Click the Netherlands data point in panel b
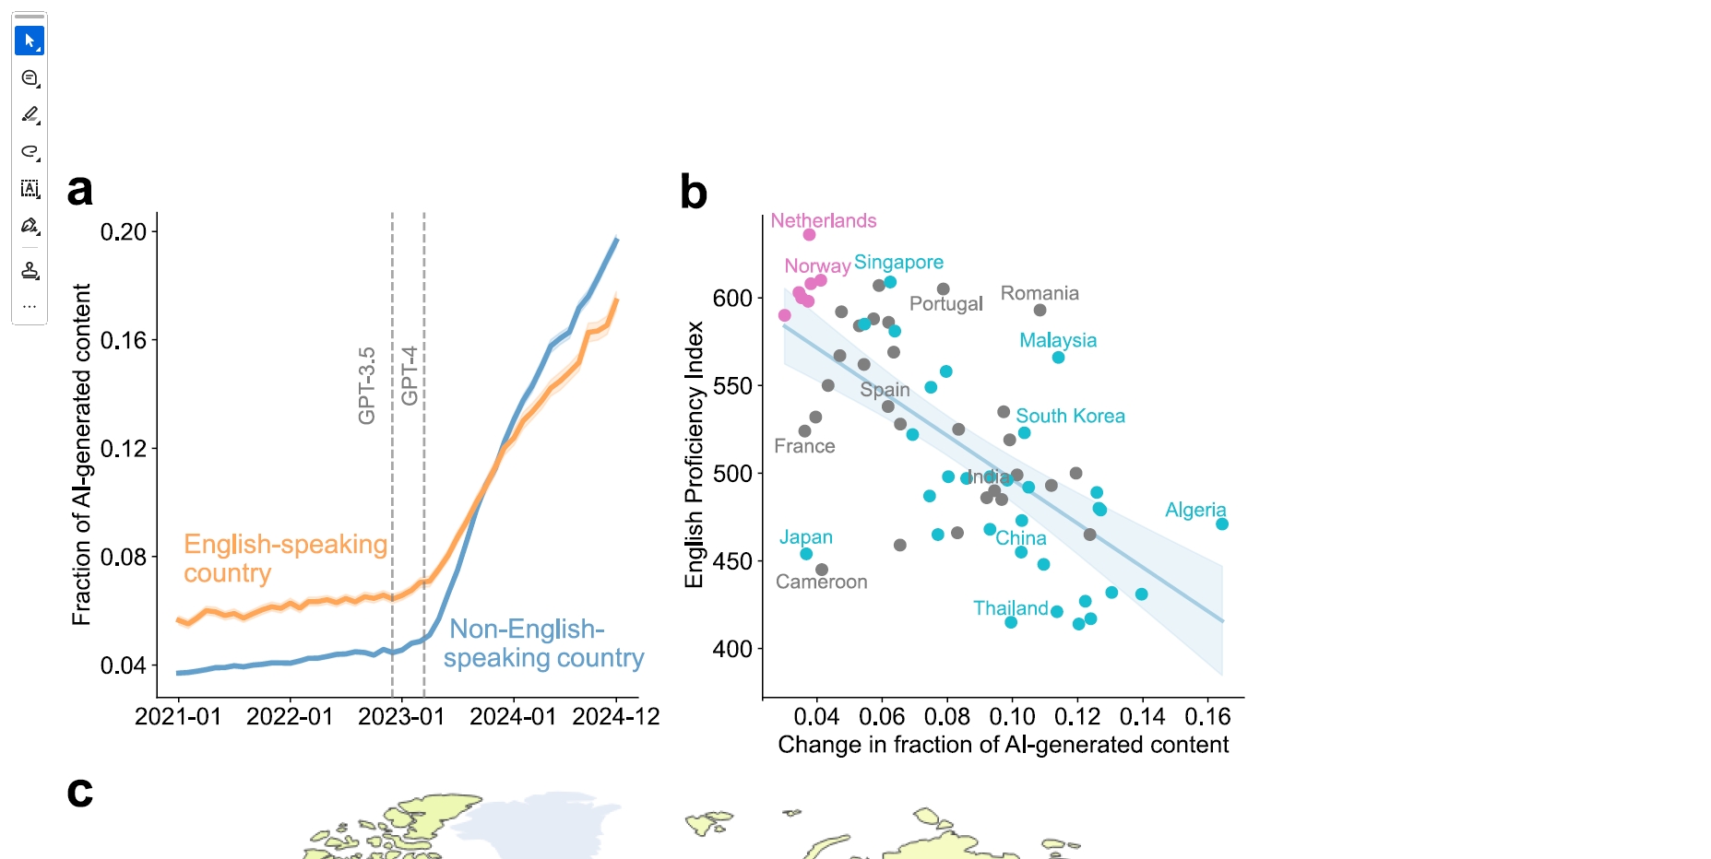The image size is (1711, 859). tap(809, 235)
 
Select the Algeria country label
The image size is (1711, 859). tap(1195, 510)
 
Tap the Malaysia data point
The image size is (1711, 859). tap(1058, 358)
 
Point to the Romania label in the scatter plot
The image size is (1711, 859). tap(1040, 293)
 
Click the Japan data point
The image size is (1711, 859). tap(806, 554)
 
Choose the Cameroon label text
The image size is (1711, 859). tap(821, 582)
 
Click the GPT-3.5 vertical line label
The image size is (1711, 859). tap(367, 385)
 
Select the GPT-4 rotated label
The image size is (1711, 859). tap(410, 375)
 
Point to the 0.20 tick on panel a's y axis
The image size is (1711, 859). tap(124, 231)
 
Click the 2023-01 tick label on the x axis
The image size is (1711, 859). tap(401, 717)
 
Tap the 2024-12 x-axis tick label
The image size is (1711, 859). tap(615, 717)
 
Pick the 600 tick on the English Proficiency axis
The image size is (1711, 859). tap(732, 298)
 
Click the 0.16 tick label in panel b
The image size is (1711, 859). tap(1207, 717)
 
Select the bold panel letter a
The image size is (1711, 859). tap(80, 191)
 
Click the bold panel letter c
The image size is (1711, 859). tap(80, 792)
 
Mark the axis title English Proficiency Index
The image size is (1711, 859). tap(694, 454)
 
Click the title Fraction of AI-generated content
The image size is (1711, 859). tap(82, 454)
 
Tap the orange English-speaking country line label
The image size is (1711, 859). tap(284, 559)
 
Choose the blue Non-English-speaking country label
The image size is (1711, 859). tap(543, 643)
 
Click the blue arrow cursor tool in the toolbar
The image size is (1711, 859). tap(30, 41)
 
